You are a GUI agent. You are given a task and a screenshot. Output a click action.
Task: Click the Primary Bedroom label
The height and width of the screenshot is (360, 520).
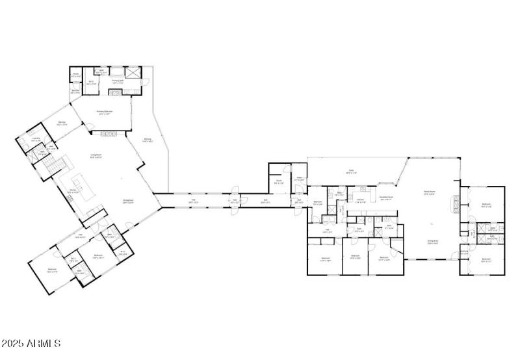(109, 112)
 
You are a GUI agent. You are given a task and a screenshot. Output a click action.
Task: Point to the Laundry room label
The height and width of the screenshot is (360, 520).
(36, 139)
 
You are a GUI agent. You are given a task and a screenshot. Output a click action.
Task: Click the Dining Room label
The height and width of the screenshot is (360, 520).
(129, 201)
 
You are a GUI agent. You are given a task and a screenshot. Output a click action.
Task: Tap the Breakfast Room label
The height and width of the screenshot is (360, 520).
(385, 198)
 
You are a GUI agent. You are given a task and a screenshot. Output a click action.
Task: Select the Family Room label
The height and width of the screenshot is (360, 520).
(429, 192)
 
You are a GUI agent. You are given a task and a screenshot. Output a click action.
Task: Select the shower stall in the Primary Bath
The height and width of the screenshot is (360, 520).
(133, 73)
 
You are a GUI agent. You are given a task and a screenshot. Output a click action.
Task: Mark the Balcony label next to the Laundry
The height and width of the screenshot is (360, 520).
(62, 123)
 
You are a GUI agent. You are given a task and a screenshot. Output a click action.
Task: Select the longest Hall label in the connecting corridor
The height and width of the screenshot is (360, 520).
(193, 201)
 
